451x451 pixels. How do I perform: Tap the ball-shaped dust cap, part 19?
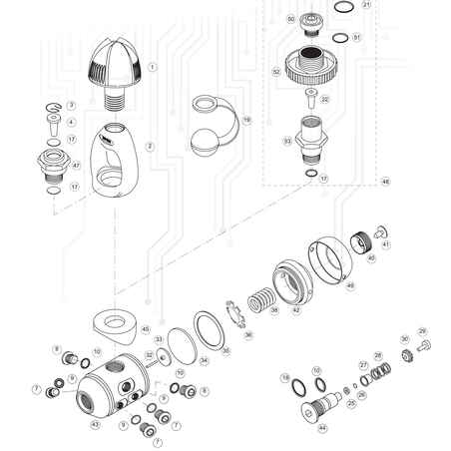(x=212, y=132)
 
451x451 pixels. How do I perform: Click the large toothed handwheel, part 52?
(x=310, y=71)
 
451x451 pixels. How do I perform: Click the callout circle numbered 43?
(x=96, y=424)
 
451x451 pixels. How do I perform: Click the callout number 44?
(x=322, y=428)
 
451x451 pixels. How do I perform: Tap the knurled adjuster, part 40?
(x=361, y=240)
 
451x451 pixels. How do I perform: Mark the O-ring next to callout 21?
(x=341, y=6)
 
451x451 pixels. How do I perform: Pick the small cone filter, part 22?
(x=309, y=98)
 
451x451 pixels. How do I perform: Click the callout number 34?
(x=204, y=360)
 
